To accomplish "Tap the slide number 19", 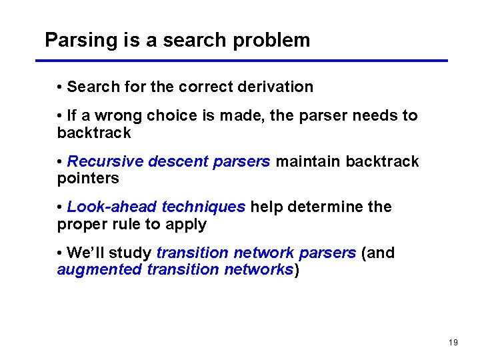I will tap(453, 343).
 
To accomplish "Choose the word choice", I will tap(172, 115).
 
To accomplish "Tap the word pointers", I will tap(88, 179).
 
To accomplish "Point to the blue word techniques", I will tap(203, 207).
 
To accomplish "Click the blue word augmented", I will tap(99, 269).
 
